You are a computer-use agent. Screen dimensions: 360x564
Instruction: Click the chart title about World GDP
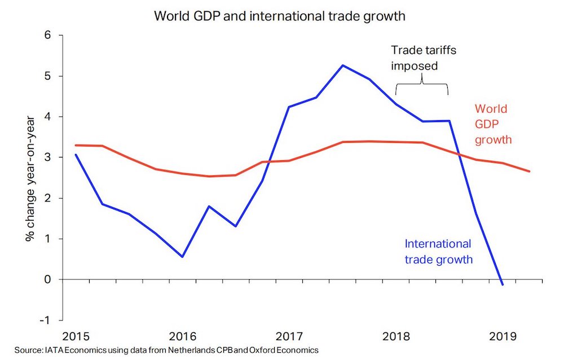(280, 16)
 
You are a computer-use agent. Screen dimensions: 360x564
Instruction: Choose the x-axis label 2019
(502, 336)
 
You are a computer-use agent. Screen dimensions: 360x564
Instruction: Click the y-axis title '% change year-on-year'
(30, 178)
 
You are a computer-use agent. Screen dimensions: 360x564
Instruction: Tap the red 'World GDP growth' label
(493, 124)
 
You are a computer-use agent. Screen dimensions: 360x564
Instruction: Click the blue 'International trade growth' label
(438, 252)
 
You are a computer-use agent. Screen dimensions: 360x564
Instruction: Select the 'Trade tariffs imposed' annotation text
(424, 58)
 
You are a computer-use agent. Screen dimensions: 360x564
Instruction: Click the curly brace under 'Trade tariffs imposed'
(422, 85)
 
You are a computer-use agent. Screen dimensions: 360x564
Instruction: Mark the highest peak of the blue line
(342, 65)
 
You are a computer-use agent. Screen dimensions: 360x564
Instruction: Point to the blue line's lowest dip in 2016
(182, 257)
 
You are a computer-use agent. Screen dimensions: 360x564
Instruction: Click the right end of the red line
(530, 171)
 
